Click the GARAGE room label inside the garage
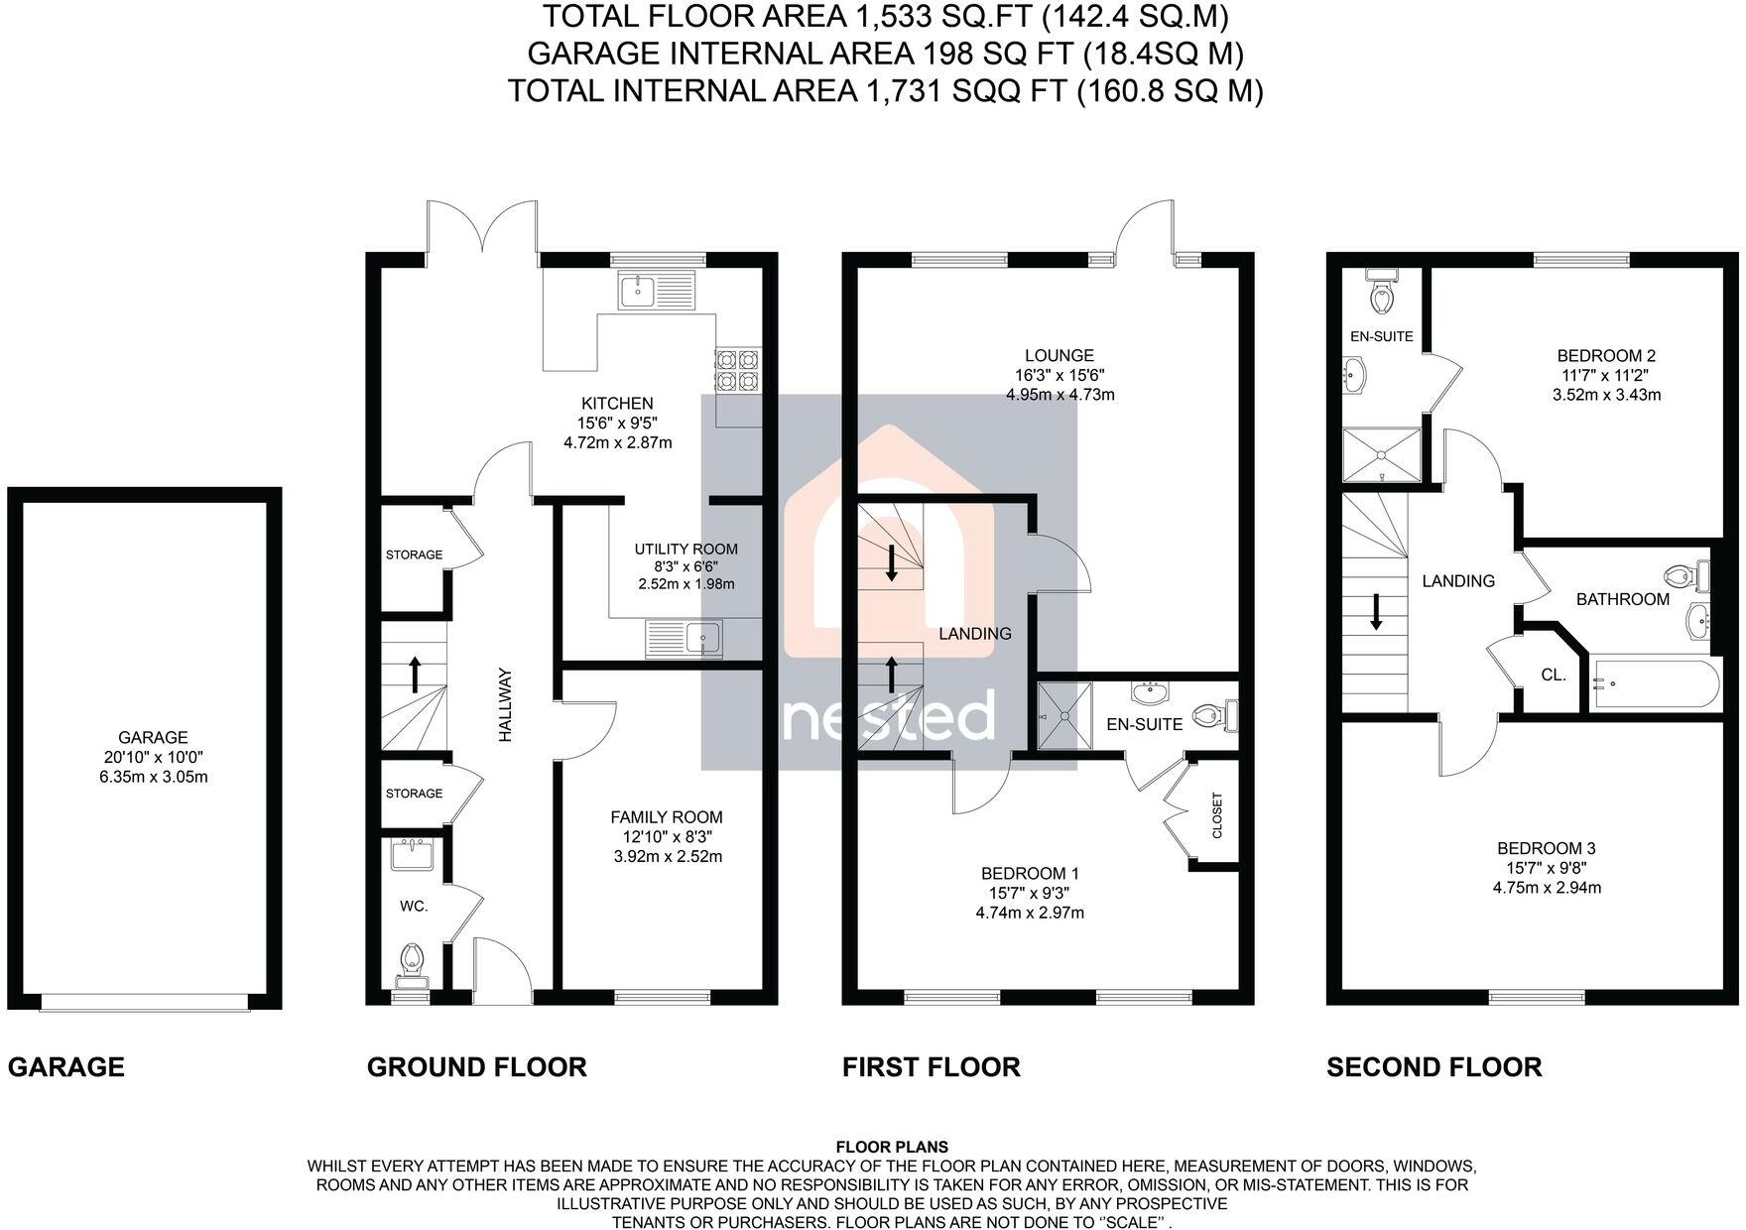(x=153, y=737)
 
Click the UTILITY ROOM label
(x=686, y=549)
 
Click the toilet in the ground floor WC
(x=412, y=960)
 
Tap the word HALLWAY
(x=505, y=704)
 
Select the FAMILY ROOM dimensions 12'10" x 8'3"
(x=666, y=837)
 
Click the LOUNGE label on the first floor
(x=1060, y=355)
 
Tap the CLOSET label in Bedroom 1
(x=1217, y=815)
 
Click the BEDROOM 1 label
(x=1030, y=873)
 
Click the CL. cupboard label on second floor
(x=1554, y=675)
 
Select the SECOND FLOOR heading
(x=1434, y=1067)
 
